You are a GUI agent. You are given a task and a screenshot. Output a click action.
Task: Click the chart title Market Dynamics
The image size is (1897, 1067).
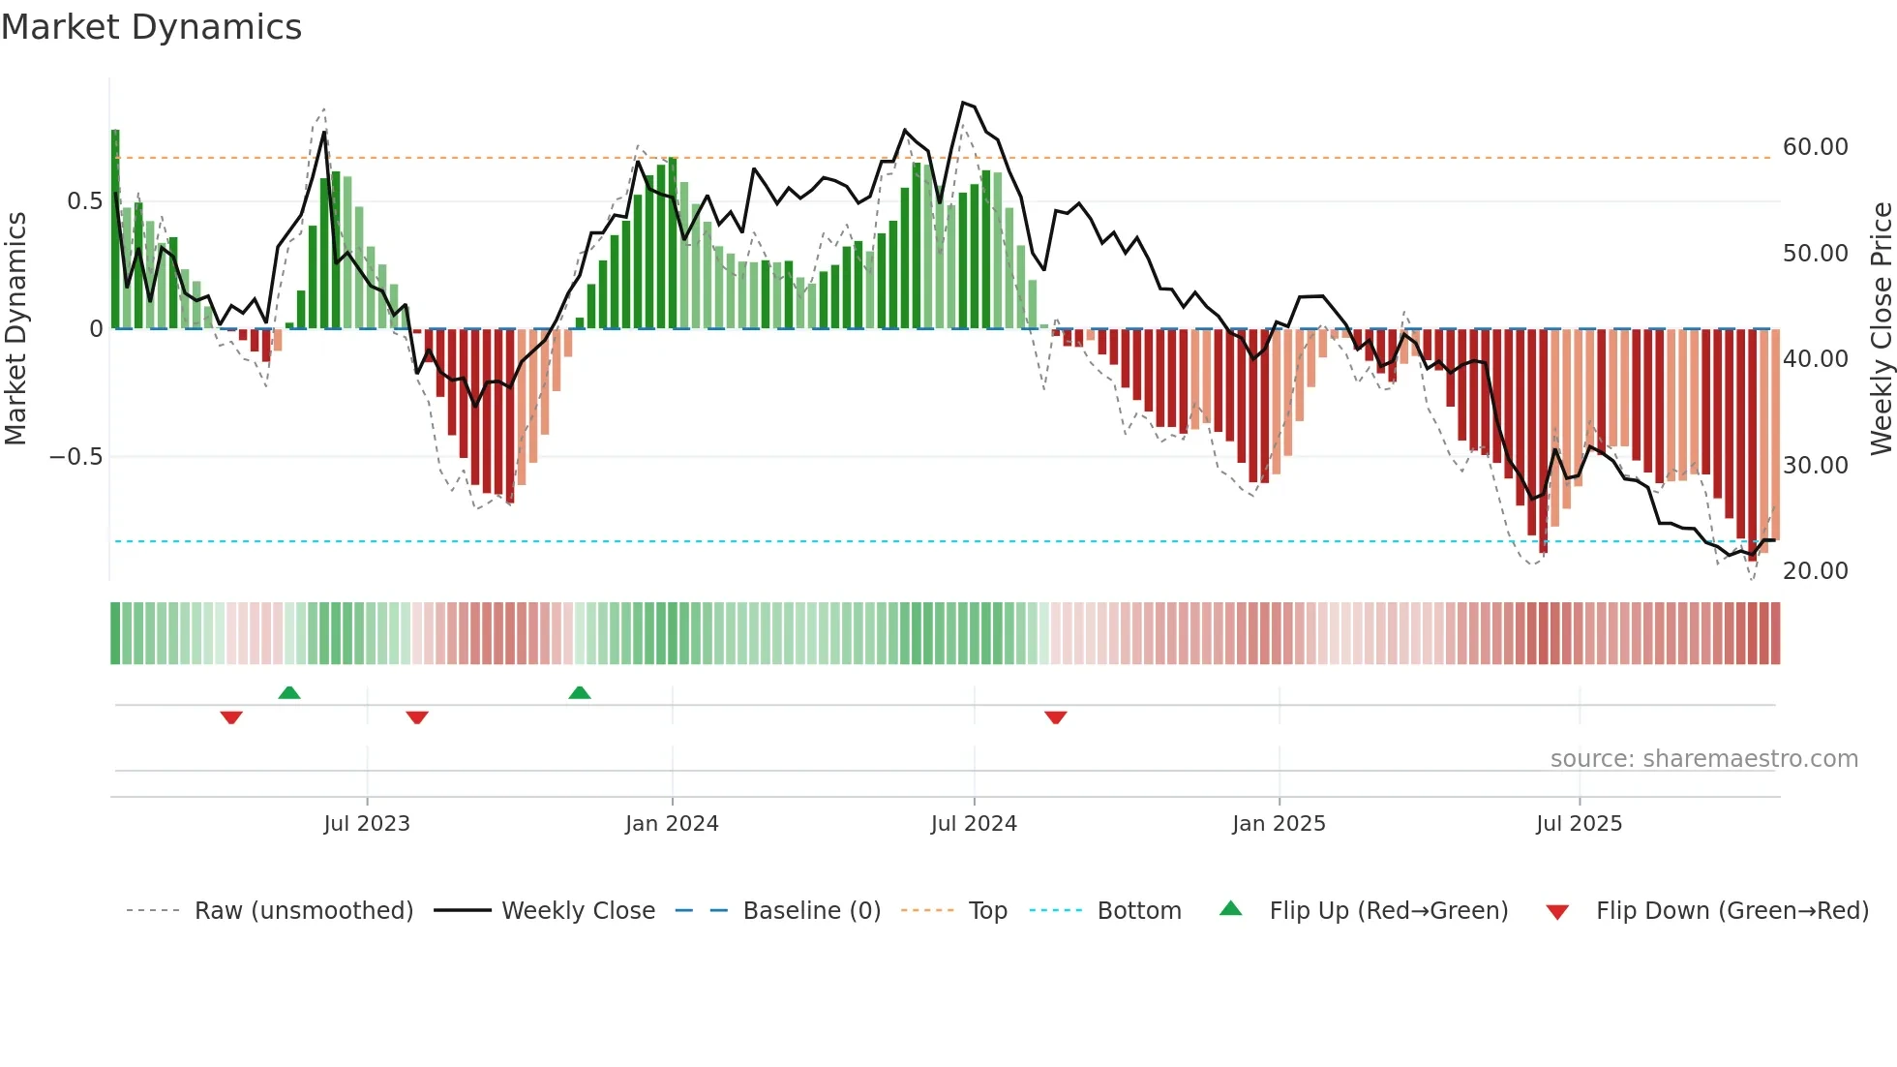point(151,27)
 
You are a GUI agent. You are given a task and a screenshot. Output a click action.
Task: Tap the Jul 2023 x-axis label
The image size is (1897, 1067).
point(367,824)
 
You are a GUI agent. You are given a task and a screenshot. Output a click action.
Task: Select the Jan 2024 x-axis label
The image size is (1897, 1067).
point(672,824)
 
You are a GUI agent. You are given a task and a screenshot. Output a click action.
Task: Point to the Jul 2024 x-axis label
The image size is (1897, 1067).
point(974,824)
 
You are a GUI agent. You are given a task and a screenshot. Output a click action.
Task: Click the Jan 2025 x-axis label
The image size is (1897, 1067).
point(1279,824)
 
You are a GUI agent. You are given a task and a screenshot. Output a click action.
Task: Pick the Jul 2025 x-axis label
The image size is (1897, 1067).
point(1579,824)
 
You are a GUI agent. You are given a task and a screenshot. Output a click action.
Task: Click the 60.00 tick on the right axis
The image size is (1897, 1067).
point(1815,147)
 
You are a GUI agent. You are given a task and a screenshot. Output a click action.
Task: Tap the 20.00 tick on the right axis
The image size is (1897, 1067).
point(1815,571)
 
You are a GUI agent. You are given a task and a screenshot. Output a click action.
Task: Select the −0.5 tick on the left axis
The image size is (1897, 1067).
point(76,457)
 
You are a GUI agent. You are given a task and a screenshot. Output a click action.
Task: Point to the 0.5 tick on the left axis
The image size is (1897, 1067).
point(85,201)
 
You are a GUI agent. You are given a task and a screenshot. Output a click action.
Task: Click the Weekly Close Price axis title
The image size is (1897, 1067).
point(1881,328)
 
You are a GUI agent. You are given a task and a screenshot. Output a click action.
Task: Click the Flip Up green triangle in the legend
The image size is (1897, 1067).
point(1230,908)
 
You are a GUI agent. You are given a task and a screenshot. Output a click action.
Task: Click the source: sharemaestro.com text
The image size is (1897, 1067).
point(1703,759)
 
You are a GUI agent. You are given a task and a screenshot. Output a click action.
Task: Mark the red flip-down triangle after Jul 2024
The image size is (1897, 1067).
point(1055,717)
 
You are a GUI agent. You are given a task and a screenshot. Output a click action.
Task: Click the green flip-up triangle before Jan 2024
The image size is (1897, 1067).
point(579,692)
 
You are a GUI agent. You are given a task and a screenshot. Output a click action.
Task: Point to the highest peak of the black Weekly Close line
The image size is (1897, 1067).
point(963,103)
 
